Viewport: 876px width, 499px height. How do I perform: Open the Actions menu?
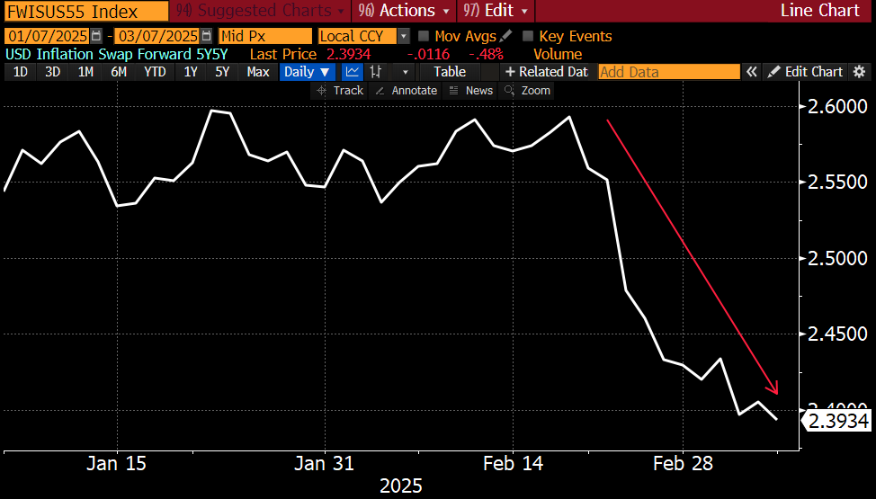(x=404, y=11)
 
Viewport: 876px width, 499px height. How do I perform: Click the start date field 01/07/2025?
(x=52, y=36)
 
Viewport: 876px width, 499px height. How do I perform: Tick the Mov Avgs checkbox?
(x=424, y=36)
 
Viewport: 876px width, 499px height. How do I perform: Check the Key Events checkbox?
(x=528, y=36)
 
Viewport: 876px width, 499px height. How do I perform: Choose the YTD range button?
(x=155, y=72)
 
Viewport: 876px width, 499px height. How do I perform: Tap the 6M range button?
(x=119, y=72)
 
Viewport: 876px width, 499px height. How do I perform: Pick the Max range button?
(x=258, y=72)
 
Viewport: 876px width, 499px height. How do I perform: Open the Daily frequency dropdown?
(x=308, y=72)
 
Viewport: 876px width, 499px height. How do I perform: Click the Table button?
(x=450, y=72)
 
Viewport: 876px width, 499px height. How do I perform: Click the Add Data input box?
(x=668, y=72)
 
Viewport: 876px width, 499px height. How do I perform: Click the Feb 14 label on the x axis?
(x=513, y=464)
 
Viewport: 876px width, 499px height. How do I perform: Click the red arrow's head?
(x=775, y=390)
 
